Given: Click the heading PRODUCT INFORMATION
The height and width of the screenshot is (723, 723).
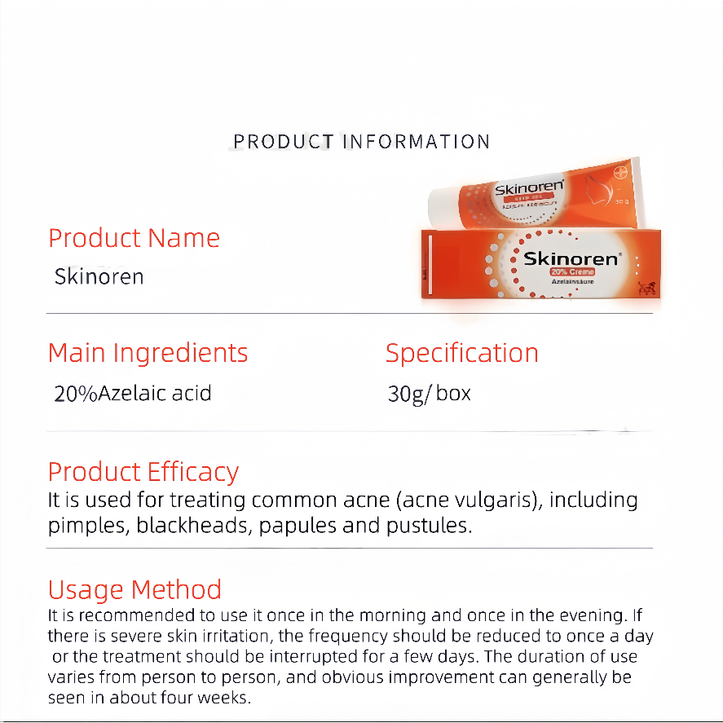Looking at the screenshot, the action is click(x=362, y=142).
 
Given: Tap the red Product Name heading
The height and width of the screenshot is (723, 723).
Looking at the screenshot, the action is click(x=134, y=238).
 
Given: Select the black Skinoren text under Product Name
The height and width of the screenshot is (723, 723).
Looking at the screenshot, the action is click(x=99, y=276).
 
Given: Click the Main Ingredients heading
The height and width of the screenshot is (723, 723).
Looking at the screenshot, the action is click(x=148, y=354).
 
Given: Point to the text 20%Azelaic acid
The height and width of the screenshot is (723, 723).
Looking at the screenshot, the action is click(x=133, y=394).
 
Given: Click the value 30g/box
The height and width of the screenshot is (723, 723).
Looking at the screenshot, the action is click(x=430, y=394).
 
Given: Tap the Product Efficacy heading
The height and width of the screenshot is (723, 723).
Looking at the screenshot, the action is click(x=143, y=472).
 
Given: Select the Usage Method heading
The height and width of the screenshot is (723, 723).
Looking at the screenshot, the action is click(x=134, y=590).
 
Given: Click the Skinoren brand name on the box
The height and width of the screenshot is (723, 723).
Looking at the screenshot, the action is click(x=572, y=258).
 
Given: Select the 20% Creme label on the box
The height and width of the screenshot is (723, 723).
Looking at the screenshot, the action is click(x=572, y=272).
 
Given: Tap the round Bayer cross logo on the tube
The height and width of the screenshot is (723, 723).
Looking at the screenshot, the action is click(x=620, y=173).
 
